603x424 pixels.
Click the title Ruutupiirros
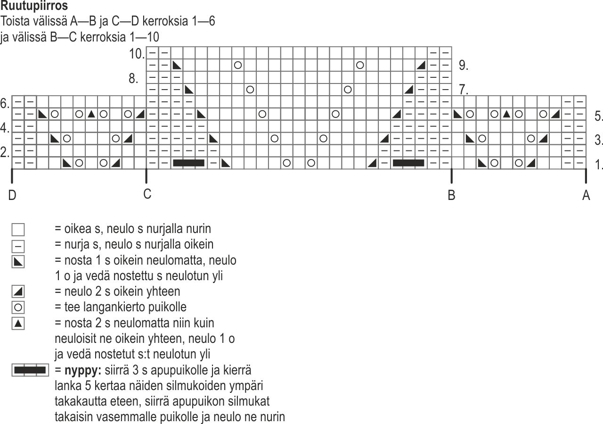tap(34, 6)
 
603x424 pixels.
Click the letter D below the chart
tap(12, 195)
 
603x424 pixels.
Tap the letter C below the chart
tap(147, 194)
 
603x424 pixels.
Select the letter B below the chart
tap(451, 195)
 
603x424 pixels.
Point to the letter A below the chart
tap(586, 195)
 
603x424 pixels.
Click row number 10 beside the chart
tap(137, 54)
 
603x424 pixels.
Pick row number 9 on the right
tap(464, 65)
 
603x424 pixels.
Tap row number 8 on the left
tap(133, 78)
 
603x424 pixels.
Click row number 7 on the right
tap(464, 90)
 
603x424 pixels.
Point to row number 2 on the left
tap(5, 152)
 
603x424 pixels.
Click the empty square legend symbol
tap(18, 230)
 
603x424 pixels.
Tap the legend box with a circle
tap(18, 308)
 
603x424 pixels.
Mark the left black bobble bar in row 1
tap(189, 163)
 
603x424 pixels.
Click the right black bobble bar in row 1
tap(408, 163)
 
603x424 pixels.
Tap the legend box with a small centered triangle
tap(18, 324)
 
